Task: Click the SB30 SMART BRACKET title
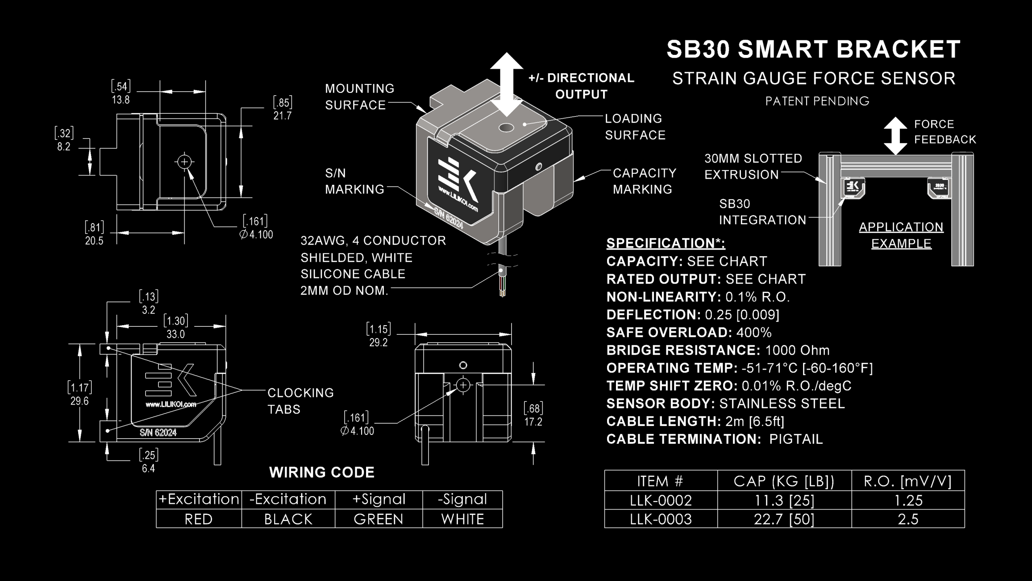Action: [x=813, y=50]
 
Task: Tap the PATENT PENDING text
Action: [x=817, y=101]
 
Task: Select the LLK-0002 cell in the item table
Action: [x=661, y=500]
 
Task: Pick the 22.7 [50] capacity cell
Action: [x=784, y=519]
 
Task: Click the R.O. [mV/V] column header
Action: [x=907, y=481]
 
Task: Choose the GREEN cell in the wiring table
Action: [x=379, y=519]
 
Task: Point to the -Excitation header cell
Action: [x=288, y=499]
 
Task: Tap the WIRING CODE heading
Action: [x=322, y=472]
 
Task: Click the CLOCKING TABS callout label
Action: [x=300, y=401]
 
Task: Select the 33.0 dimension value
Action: [x=175, y=334]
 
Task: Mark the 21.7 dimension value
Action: [x=282, y=116]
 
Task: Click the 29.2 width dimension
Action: [x=378, y=343]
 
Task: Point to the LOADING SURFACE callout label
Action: [x=635, y=127]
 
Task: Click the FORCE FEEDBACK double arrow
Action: [x=895, y=136]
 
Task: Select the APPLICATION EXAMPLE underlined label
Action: [x=901, y=235]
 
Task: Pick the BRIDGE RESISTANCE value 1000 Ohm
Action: [x=797, y=350]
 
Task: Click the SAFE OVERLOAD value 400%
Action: [x=754, y=332]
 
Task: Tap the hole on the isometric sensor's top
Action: [x=506, y=128]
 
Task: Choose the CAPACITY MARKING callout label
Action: [x=644, y=181]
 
